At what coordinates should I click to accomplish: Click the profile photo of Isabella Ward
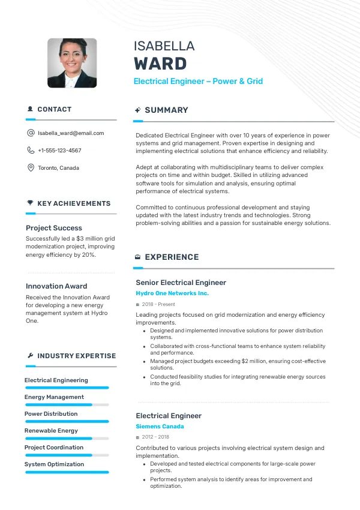click(72, 63)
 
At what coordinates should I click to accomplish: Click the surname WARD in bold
click(160, 64)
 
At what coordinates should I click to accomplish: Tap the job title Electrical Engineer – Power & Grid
click(198, 82)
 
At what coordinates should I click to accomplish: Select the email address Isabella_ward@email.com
click(71, 133)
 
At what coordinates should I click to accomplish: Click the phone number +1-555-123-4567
click(59, 151)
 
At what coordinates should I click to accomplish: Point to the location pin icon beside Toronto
click(31, 168)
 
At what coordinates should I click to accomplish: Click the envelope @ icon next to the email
click(31, 133)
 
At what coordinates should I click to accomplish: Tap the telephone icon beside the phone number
click(31, 151)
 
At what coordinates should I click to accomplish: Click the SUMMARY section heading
click(166, 110)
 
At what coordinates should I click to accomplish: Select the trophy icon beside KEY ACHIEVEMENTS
click(30, 203)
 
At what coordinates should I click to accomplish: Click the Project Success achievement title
click(54, 228)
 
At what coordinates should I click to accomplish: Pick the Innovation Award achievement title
click(56, 286)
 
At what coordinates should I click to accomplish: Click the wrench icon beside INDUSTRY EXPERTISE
click(30, 356)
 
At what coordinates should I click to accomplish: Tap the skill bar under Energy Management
click(67, 405)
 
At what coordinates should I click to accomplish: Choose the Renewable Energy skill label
click(51, 431)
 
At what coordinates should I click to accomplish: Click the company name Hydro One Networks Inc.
click(172, 293)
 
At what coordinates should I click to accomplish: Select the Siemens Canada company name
click(160, 427)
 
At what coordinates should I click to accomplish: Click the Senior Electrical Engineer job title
click(181, 283)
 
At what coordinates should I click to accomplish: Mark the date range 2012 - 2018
click(155, 437)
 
